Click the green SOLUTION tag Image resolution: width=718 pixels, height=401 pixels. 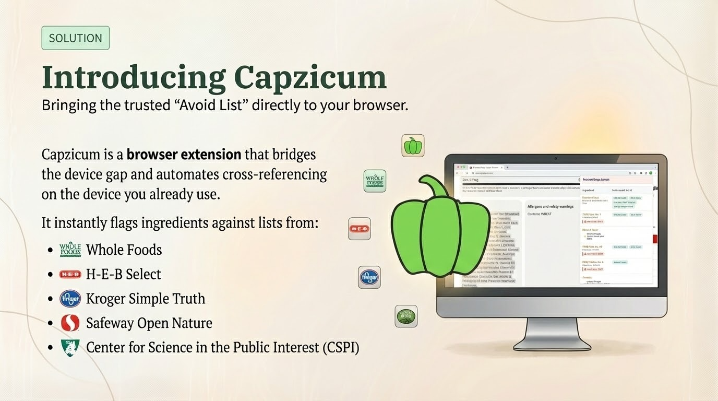(x=75, y=38)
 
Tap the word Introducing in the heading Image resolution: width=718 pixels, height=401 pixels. (x=133, y=77)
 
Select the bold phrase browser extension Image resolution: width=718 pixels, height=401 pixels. (x=184, y=155)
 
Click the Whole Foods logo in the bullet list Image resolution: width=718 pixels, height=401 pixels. (x=70, y=250)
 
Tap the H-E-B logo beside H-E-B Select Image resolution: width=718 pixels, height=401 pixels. (x=70, y=274)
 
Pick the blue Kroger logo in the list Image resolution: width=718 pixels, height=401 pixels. (x=70, y=299)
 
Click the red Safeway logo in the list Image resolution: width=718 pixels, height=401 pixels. (x=70, y=323)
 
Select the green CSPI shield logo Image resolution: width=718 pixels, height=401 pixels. (x=70, y=347)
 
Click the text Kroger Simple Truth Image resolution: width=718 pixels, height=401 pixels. (x=146, y=299)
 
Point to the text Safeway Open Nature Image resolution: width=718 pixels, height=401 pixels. (x=149, y=323)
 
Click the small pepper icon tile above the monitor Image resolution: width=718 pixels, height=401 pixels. (x=413, y=146)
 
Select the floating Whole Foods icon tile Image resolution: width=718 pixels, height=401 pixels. (x=375, y=181)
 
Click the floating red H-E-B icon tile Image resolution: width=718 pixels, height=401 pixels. (x=360, y=229)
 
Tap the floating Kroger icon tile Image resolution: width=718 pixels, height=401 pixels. (x=369, y=277)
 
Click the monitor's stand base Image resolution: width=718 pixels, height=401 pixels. (x=552, y=343)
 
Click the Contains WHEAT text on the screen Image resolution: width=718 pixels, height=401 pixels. (x=539, y=214)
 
